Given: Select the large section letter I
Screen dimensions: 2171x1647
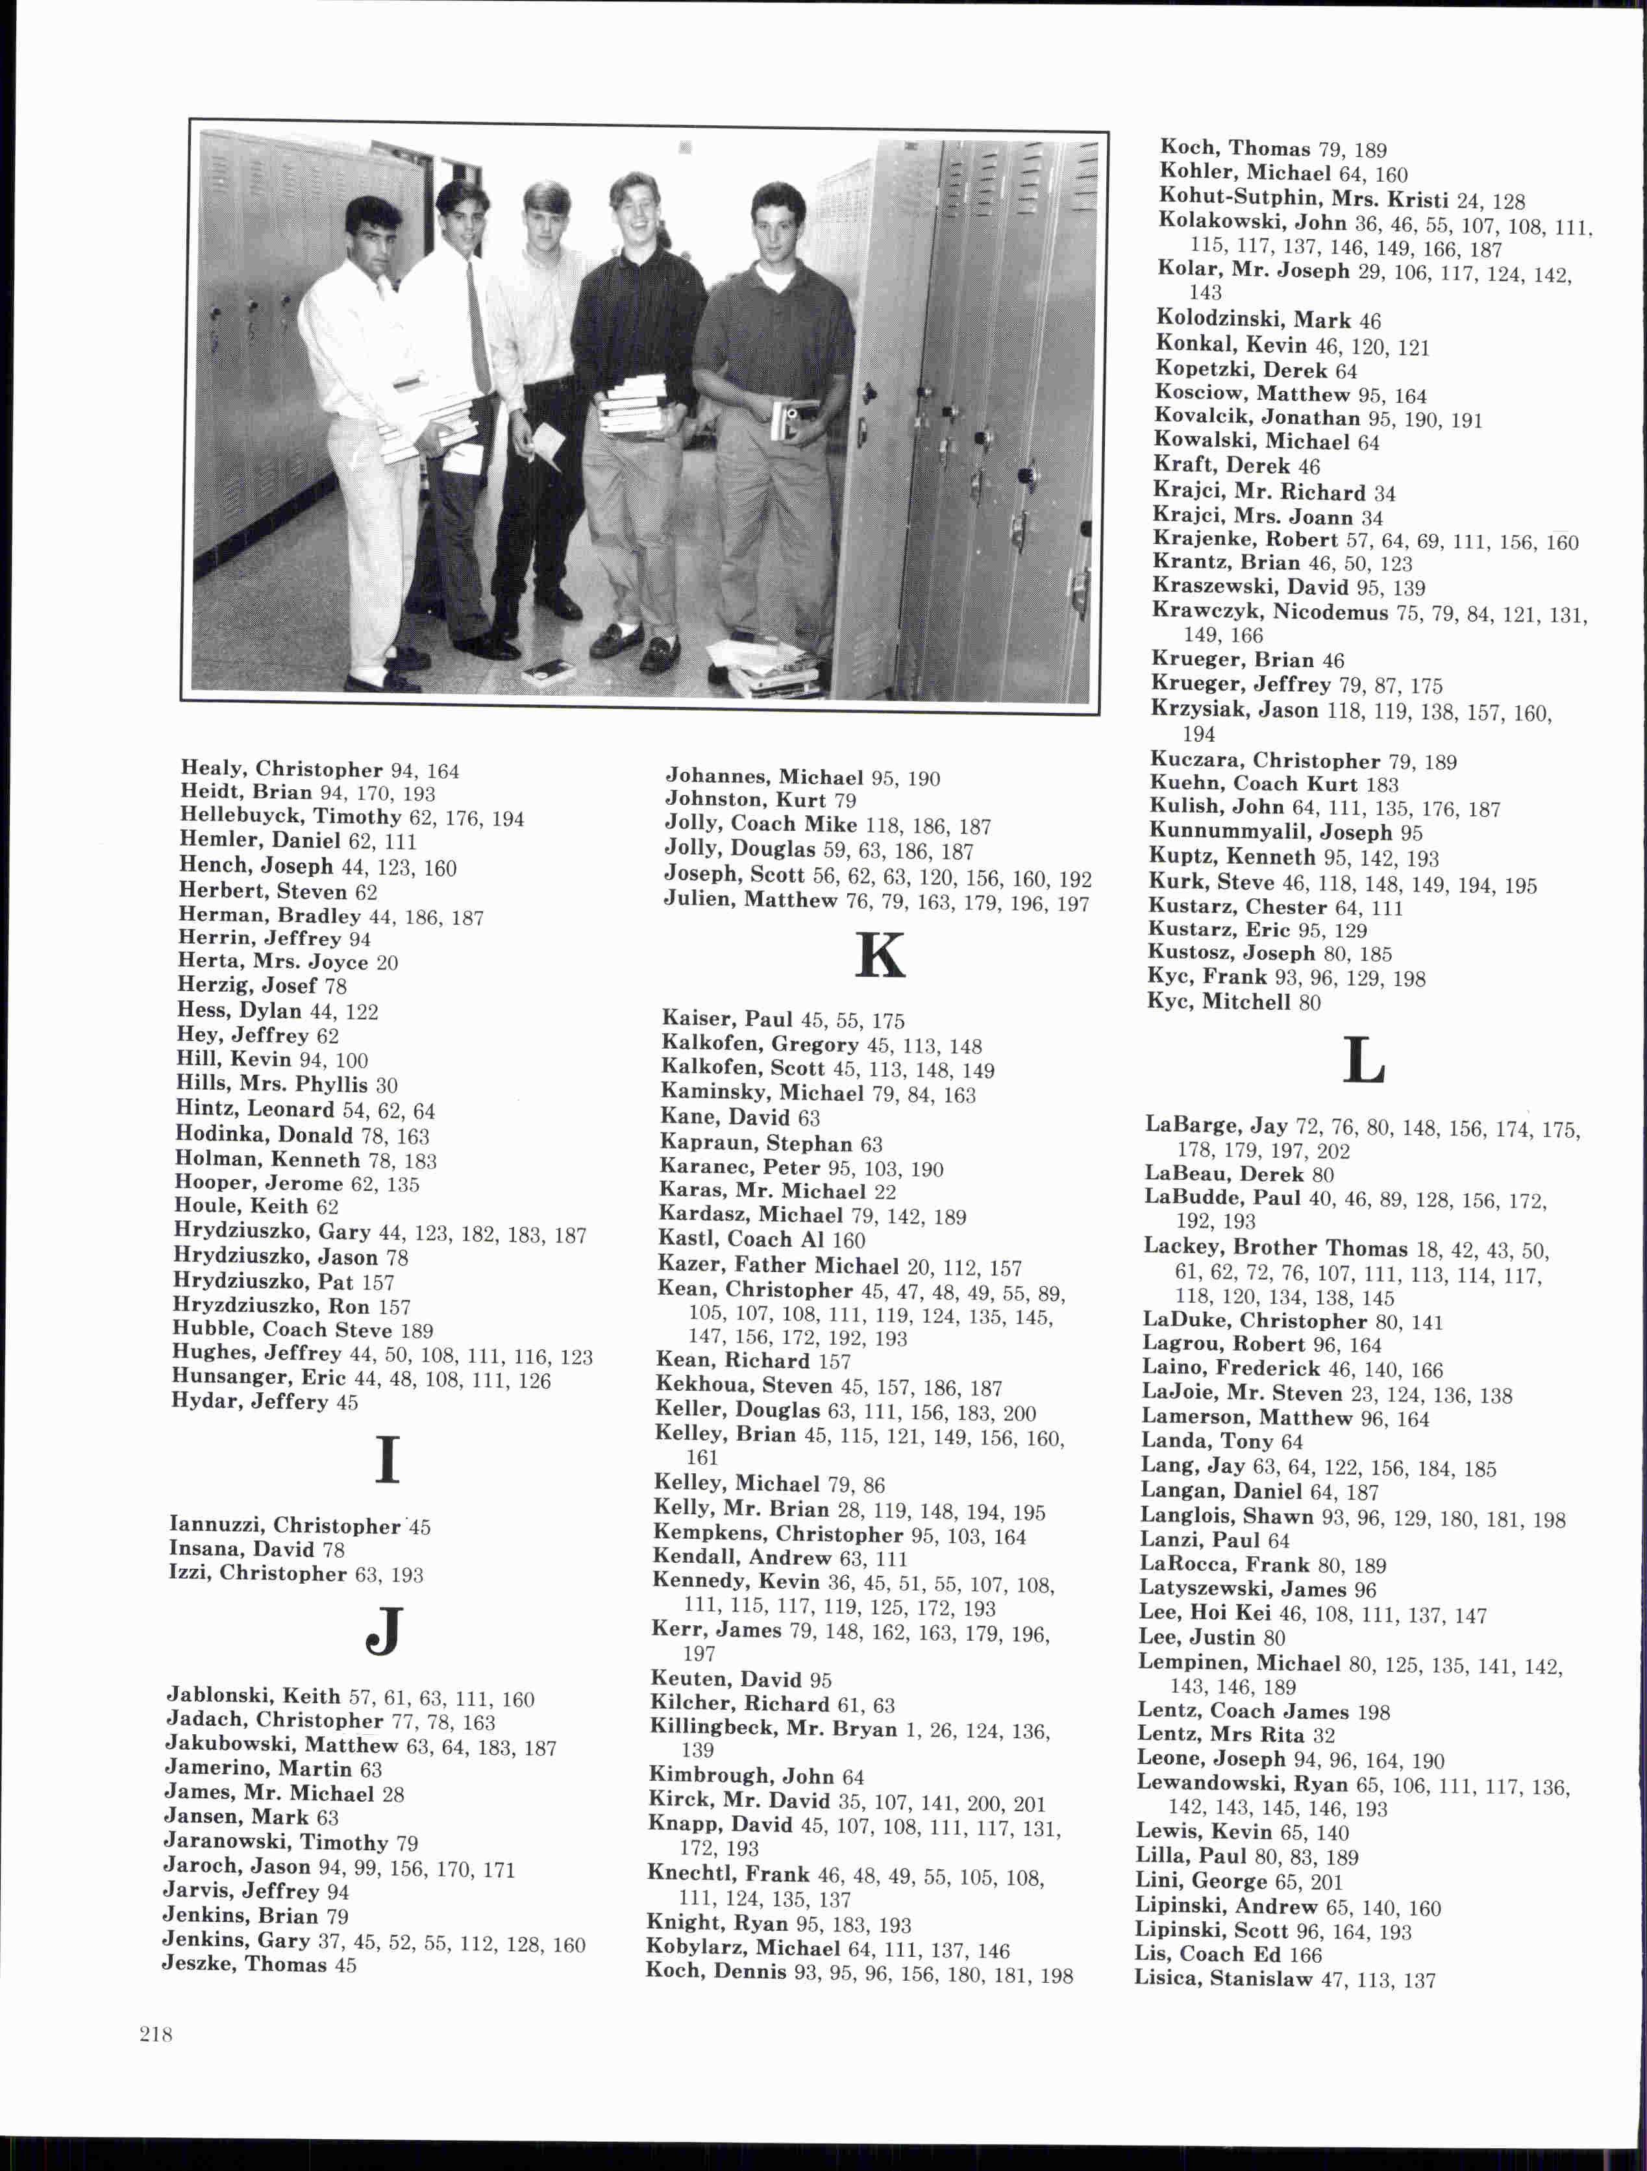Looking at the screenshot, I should [388, 1460].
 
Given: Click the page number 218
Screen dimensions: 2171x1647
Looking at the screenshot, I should [156, 2035].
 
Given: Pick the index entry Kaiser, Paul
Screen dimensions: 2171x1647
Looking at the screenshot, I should [727, 1019].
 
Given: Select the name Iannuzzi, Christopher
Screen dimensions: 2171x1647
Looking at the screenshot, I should [284, 1525].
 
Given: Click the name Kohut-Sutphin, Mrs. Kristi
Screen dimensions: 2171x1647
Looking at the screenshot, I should [1304, 198].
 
